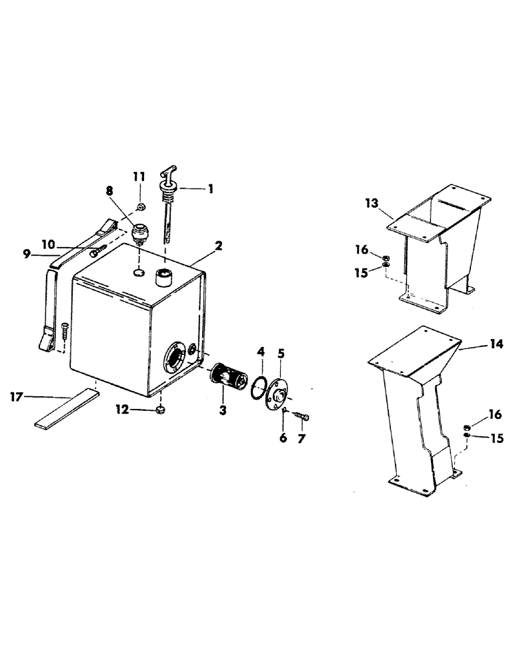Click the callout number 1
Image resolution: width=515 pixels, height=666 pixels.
210,189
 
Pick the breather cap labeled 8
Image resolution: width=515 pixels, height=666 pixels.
141,234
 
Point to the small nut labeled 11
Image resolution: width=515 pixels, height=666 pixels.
141,205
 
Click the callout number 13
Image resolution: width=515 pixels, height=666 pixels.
372,203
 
